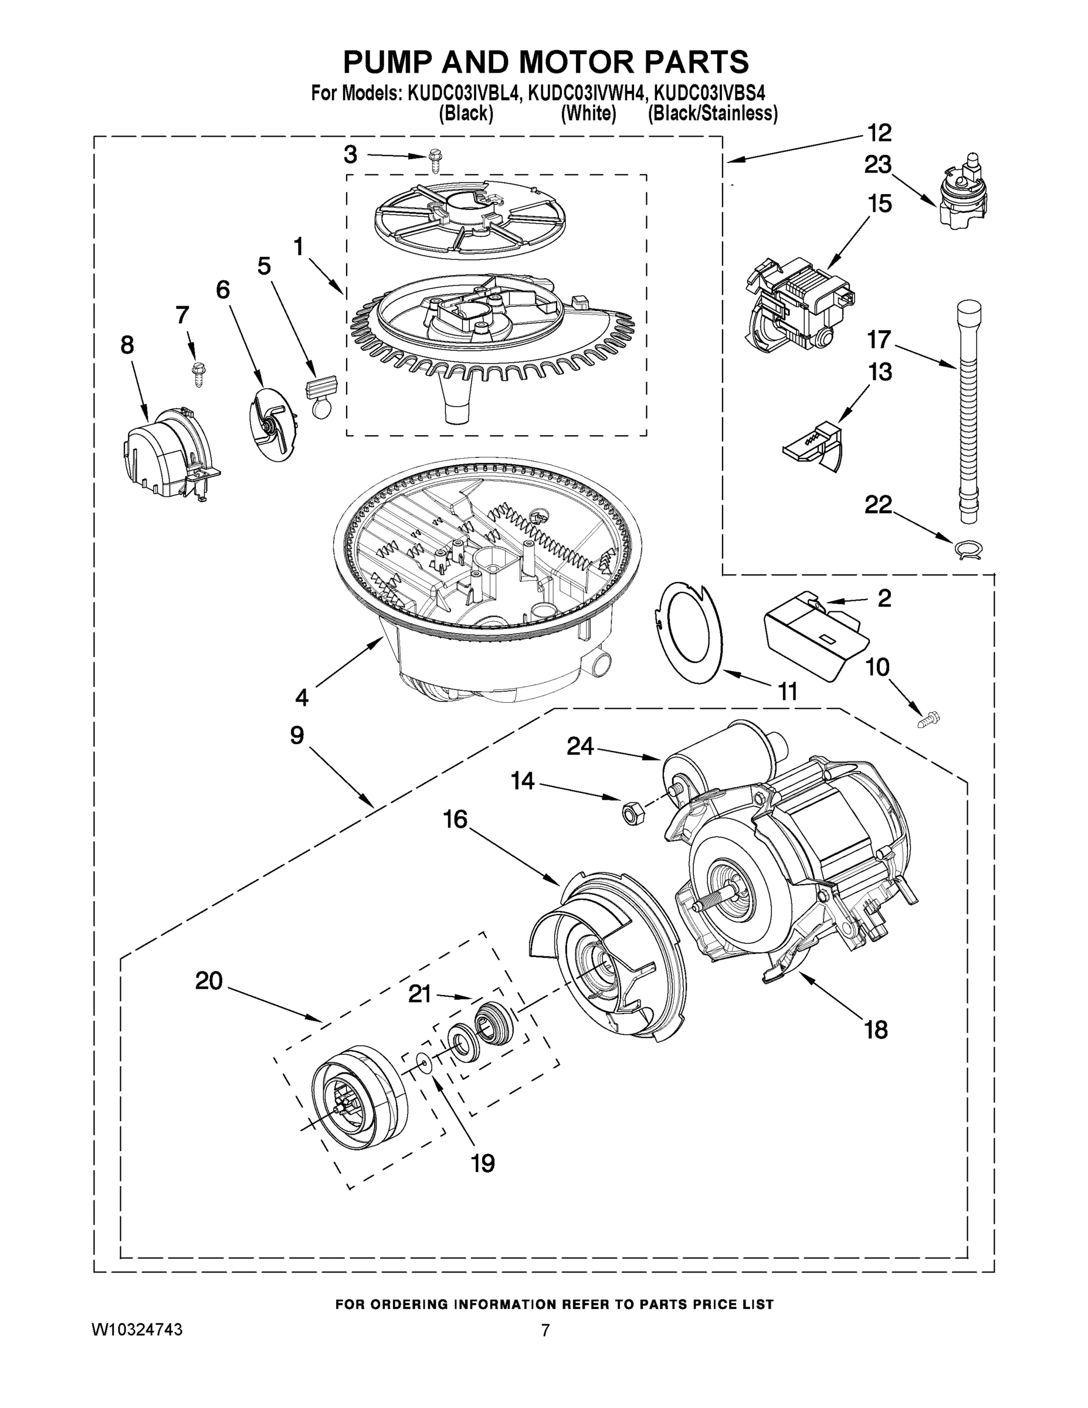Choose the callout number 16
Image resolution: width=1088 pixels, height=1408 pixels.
455,820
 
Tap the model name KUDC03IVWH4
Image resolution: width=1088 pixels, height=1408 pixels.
586,93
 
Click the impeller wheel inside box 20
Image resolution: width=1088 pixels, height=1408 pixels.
358,1098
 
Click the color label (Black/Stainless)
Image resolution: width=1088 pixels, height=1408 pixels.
712,113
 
